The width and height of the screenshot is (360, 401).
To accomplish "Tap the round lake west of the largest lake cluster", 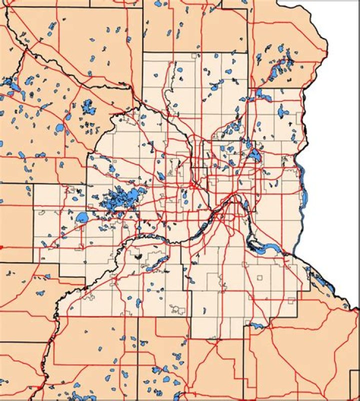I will (x=81, y=217).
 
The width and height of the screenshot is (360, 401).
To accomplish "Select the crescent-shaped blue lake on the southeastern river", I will (x=270, y=248).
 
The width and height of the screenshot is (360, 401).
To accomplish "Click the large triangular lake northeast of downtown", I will (x=254, y=155).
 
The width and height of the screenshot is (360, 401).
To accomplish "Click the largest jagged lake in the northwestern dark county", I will (x=89, y=106).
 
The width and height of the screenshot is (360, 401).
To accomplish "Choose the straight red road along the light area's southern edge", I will (x=150, y=316).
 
